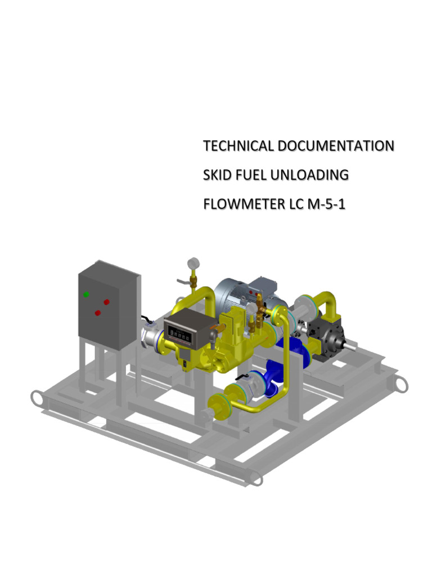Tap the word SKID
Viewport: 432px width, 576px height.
pyautogui.click(x=217, y=175)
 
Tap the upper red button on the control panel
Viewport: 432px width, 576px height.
pyautogui.click(x=106, y=301)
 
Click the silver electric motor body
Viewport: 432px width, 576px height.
pyautogui.click(x=231, y=295)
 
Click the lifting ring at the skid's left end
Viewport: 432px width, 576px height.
pyautogui.click(x=38, y=399)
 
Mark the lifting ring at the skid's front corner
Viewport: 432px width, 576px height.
pyautogui.click(x=255, y=478)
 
